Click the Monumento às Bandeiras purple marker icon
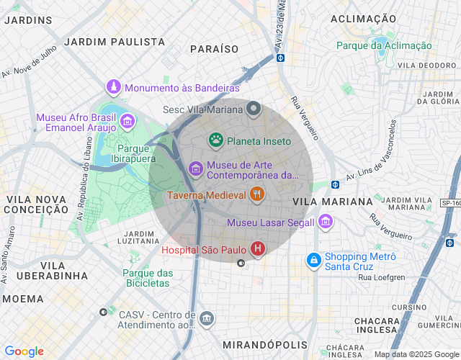[x=114, y=88]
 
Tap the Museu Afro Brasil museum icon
[x=127, y=121]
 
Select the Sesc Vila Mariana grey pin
[x=253, y=109]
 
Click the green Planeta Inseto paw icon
[x=215, y=140]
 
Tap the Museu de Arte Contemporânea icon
[x=195, y=168]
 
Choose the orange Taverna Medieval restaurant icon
[x=257, y=194]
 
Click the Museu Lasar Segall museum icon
[x=326, y=222]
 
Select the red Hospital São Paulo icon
[x=258, y=249]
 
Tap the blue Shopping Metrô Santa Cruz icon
[x=313, y=259]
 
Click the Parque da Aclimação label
[x=384, y=45]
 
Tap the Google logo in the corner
[x=24, y=351]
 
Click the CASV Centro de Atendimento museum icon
[x=207, y=318]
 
